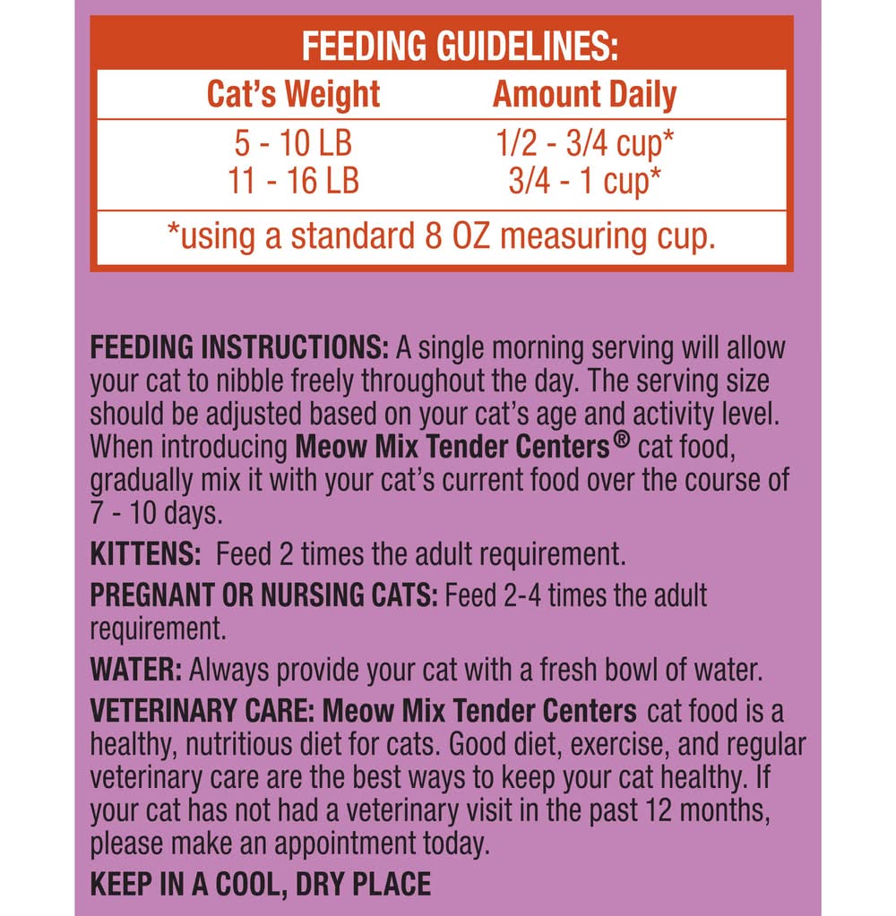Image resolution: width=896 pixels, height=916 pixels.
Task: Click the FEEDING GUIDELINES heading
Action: (x=460, y=46)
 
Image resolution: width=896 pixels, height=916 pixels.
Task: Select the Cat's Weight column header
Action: (x=293, y=94)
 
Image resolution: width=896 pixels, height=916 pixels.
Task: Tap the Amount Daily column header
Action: (x=584, y=94)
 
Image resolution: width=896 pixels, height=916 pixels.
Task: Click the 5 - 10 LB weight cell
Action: (x=293, y=145)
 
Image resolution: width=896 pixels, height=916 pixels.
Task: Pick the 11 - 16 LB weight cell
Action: (x=293, y=180)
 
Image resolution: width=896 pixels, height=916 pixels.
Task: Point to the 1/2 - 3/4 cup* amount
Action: (x=584, y=145)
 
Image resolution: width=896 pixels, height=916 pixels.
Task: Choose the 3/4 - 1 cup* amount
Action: (x=584, y=180)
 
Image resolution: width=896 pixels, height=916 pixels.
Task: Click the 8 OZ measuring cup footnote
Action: (x=441, y=238)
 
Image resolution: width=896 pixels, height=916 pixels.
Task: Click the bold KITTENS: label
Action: (x=146, y=554)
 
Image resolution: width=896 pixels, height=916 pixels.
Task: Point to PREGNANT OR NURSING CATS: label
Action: (x=264, y=595)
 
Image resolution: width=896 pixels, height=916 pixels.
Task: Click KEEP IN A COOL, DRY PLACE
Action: (x=261, y=885)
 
